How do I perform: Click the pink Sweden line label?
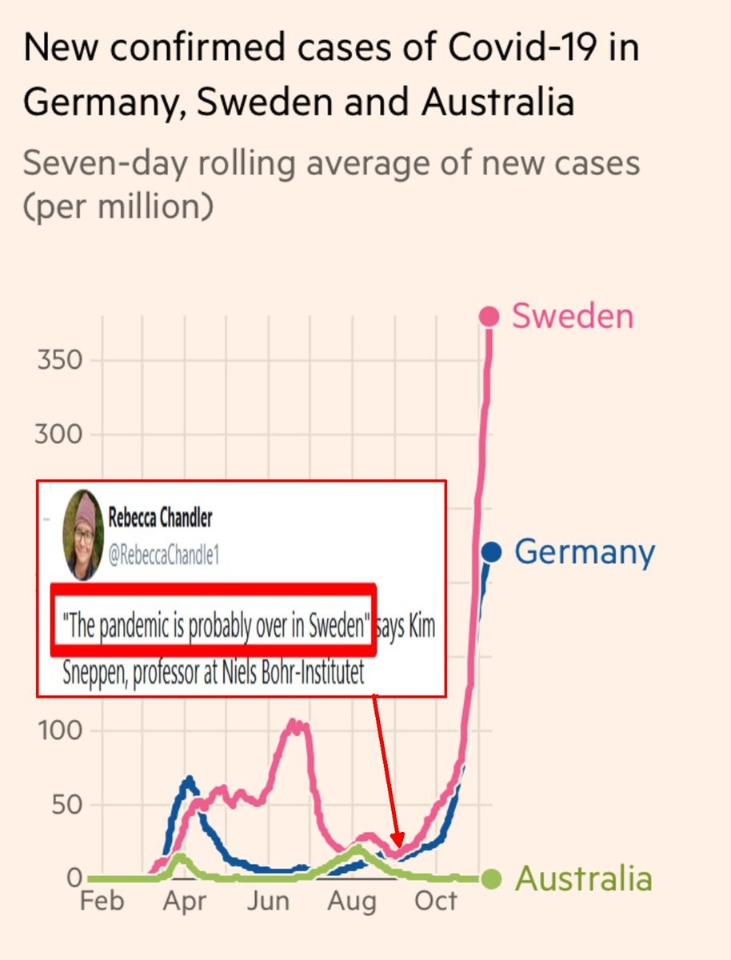click(573, 316)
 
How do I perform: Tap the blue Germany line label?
click(584, 552)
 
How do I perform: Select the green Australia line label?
click(583, 878)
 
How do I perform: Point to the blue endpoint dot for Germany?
click(491, 551)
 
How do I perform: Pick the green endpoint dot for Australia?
click(491, 879)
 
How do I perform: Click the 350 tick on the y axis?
click(60, 361)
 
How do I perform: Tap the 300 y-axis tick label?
click(60, 435)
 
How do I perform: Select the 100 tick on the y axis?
click(60, 731)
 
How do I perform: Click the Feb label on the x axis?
click(102, 902)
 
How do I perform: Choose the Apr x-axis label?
click(184, 902)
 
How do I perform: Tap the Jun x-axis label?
click(267, 902)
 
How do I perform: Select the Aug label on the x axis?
click(352, 902)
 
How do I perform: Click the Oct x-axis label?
click(435, 902)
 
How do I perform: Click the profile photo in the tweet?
click(83, 534)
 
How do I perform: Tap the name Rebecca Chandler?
click(160, 518)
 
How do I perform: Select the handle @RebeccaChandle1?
click(163, 556)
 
